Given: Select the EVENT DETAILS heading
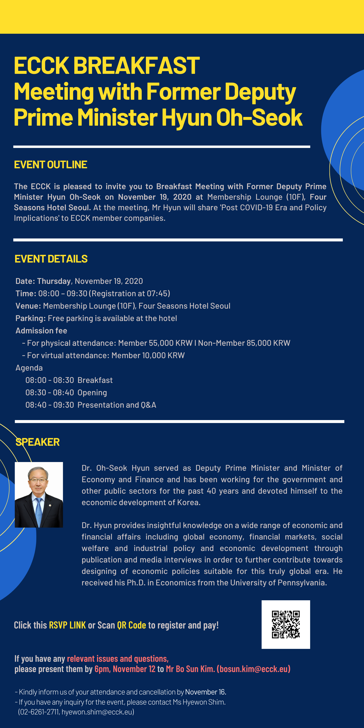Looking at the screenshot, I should coord(51,259).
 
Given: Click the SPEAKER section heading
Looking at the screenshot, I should coord(38,442).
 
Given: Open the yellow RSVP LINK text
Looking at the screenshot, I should coord(67,625).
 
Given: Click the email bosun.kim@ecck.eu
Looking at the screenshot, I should coord(253,669).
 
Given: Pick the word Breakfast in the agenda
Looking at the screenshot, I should coord(95,380).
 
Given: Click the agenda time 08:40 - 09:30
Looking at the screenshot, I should coord(50,405).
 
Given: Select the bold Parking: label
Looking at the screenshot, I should coord(31,318).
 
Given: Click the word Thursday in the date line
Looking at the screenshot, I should coord(54,281).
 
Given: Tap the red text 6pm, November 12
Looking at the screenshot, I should coord(125,669).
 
